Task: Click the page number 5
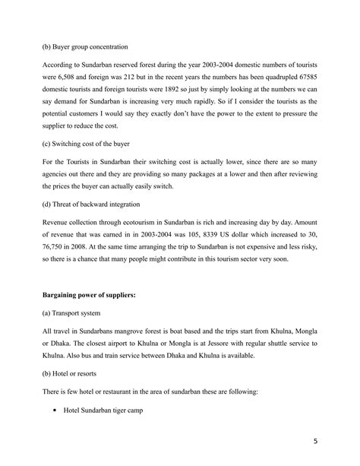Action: [316, 439]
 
